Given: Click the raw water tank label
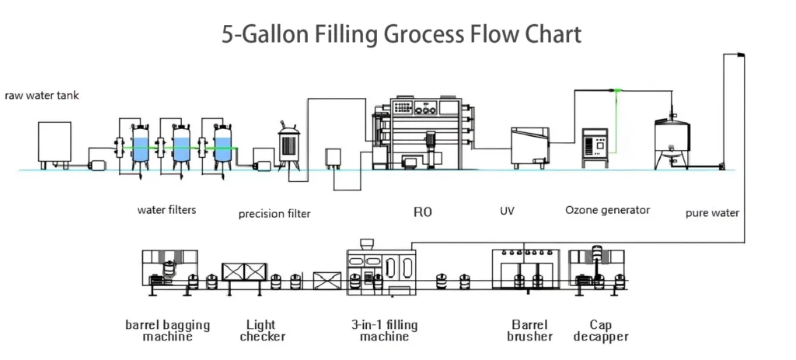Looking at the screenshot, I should (42, 96).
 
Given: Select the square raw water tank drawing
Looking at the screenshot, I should (54, 143).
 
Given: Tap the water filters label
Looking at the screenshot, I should (166, 210).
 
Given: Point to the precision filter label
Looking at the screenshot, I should (274, 214).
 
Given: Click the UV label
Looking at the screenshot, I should (506, 211).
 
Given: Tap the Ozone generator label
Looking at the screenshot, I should (607, 210).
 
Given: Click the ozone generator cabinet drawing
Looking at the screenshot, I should (596, 147).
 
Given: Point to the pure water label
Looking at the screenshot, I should (712, 212).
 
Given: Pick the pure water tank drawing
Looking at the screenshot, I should (671, 140).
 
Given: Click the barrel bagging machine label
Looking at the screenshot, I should (167, 330).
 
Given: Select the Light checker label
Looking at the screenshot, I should (261, 330).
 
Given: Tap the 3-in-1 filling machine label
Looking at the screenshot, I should (379, 330).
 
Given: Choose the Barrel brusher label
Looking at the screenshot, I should (529, 330).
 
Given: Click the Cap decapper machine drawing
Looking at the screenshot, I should (596, 268).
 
